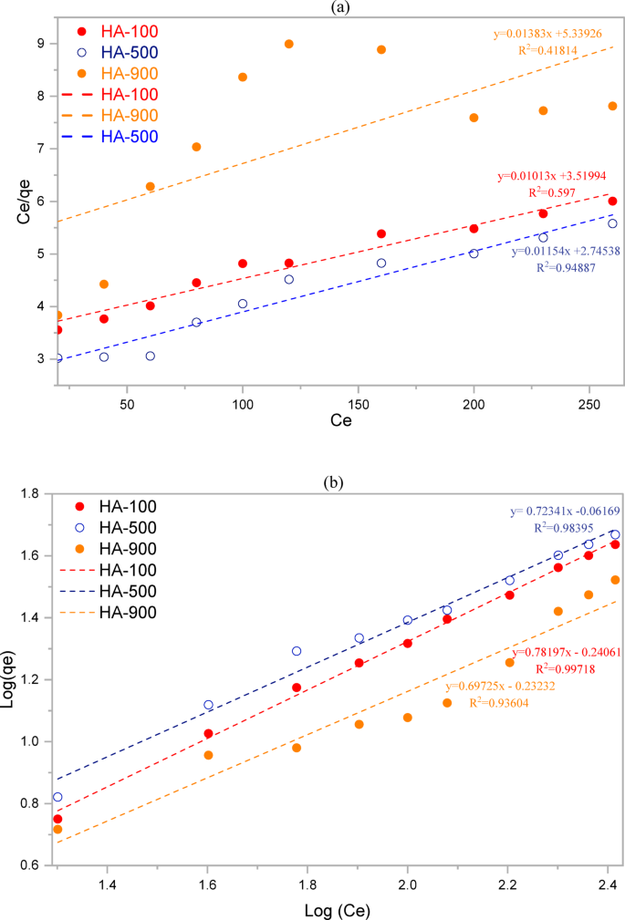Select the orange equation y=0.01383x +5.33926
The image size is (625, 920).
coord(556,36)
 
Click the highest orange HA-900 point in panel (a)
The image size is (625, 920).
coord(289,44)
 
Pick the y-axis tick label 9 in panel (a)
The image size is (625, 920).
coord(41,43)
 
